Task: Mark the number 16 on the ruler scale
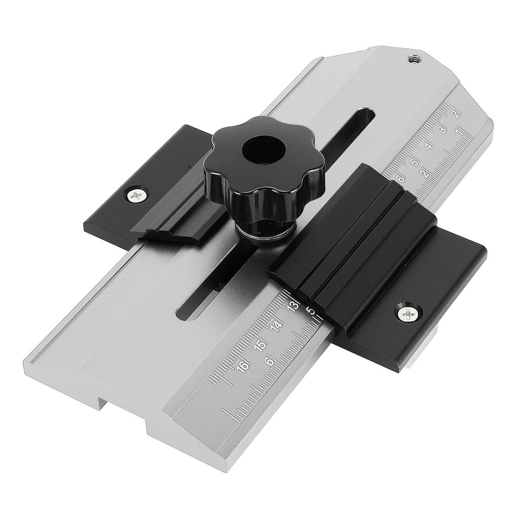pyautogui.click(x=245, y=366)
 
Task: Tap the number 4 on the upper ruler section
pyautogui.click(x=429, y=146)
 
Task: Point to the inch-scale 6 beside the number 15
pyautogui.click(x=270, y=361)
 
